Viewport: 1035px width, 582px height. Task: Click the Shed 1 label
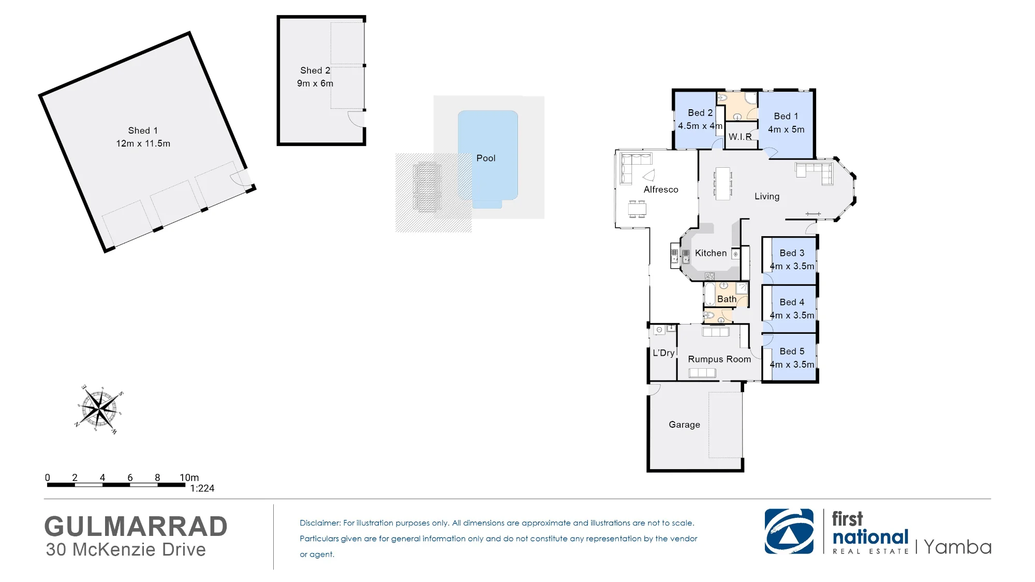tap(143, 130)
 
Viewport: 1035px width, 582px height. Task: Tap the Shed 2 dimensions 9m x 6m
tap(315, 83)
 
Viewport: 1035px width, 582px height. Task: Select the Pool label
tap(486, 158)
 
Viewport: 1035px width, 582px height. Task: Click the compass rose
tap(99, 410)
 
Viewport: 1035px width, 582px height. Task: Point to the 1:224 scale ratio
tap(202, 488)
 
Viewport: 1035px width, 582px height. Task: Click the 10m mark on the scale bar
tap(189, 477)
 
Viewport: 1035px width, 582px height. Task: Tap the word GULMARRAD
tap(136, 527)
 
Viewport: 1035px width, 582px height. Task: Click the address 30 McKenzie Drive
tap(126, 549)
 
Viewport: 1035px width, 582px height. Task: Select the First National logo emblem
tap(789, 531)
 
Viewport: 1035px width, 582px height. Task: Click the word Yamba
tap(957, 547)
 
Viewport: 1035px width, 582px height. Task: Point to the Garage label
tap(684, 425)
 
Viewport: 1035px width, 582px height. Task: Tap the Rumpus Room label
tap(719, 359)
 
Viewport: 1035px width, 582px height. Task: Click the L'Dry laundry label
tap(663, 353)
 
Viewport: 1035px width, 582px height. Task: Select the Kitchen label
tap(711, 253)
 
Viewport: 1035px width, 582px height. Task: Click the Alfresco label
tap(661, 190)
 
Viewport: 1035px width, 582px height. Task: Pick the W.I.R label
tap(740, 137)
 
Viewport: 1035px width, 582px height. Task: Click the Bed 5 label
tap(792, 352)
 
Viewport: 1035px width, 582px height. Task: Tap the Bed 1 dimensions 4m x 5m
tap(786, 129)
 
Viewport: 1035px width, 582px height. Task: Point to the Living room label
tap(767, 196)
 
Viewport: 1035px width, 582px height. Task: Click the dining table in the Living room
tap(723, 183)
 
